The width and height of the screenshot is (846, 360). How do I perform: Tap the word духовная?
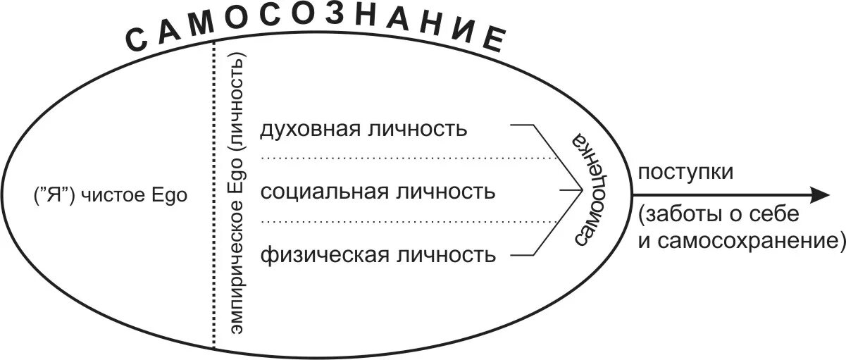(x=305, y=130)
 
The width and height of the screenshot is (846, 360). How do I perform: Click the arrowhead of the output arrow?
(x=821, y=195)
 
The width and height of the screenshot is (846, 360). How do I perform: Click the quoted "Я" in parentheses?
(x=54, y=197)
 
